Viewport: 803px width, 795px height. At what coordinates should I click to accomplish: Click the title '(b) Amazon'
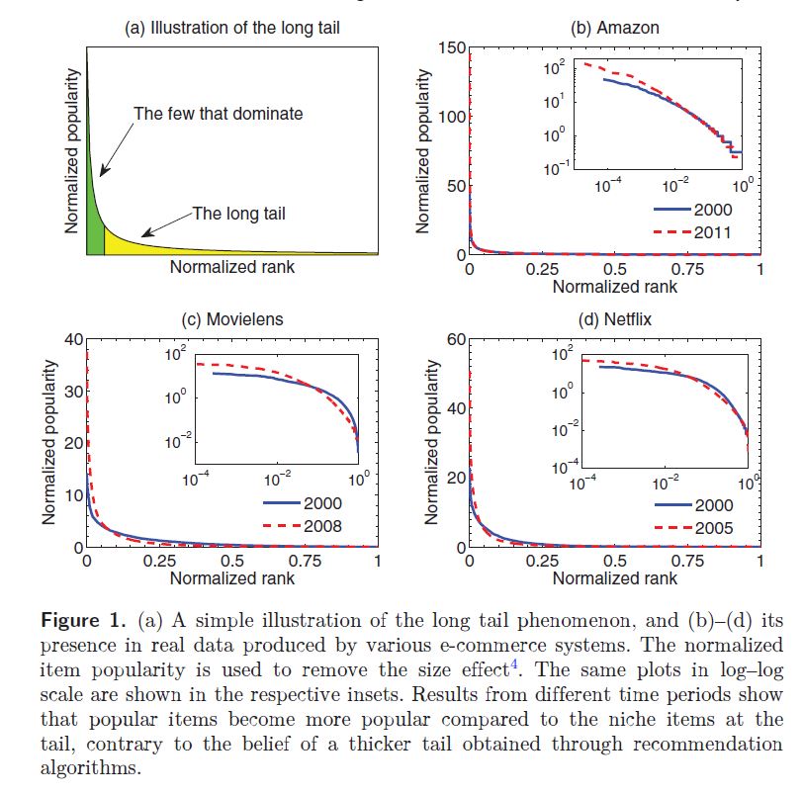pos(614,28)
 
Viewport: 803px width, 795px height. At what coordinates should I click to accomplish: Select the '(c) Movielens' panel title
pos(232,318)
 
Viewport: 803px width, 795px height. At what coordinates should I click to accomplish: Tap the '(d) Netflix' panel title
pos(614,318)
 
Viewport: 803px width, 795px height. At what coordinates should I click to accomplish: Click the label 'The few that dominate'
pos(219,114)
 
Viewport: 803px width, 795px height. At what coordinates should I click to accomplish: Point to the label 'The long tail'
pos(239,213)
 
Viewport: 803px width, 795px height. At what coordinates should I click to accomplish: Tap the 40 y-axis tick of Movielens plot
pos(70,339)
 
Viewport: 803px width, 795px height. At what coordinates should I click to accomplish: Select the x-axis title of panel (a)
pos(231,267)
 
